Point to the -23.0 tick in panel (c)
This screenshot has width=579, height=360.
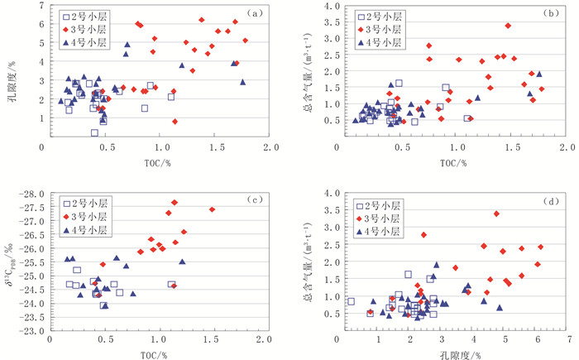31,331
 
